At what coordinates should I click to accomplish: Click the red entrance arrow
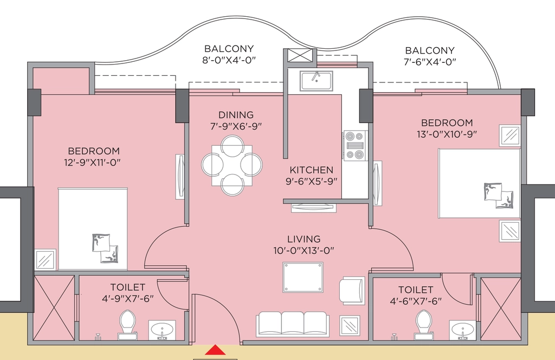pyautogui.click(x=215, y=350)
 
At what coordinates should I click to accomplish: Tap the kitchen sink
pyautogui.click(x=316, y=81)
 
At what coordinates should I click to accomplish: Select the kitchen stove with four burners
pyautogui.click(x=354, y=145)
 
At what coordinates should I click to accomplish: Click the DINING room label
pyautogui.click(x=236, y=115)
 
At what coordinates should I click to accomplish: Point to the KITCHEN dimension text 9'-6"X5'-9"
pyautogui.click(x=312, y=181)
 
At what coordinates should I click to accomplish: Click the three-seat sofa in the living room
pyautogui.click(x=292, y=323)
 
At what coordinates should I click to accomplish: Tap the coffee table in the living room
pyautogui.click(x=303, y=277)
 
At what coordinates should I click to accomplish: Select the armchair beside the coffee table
pyautogui.click(x=352, y=290)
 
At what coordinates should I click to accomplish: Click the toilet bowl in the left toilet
pyautogui.click(x=127, y=323)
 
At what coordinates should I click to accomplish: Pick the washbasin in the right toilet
pyautogui.click(x=462, y=330)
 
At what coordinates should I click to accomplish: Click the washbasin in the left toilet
pyautogui.click(x=162, y=330)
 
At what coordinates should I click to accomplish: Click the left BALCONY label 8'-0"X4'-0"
pyautogui.click(x=229, y=54)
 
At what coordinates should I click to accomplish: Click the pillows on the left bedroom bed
pyautogui.click(x=105, y=248)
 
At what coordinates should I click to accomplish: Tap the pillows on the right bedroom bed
pyautogui.click(x=499, y=195)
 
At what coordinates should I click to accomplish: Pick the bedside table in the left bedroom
pyautogui.click(x=46, y=260)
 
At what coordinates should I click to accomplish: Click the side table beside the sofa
pyautogui.click(x=350, y=325)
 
